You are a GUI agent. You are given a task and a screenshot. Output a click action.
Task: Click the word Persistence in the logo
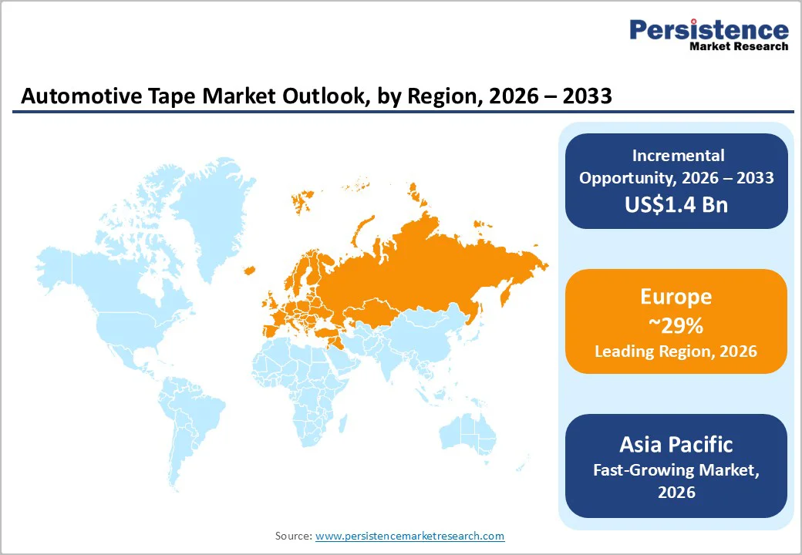coord(709,30)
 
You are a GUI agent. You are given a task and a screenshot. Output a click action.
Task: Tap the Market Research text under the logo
coord(739,46)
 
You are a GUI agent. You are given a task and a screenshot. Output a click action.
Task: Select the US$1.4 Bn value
coord(676,204)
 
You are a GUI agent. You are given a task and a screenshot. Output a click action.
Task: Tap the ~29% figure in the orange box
coord(676,325)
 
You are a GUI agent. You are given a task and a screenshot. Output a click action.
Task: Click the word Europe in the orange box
coord(676,297)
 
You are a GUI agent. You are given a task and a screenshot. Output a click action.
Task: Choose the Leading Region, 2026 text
coord(676,351)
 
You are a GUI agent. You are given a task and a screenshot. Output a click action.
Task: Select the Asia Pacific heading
coord(676,444)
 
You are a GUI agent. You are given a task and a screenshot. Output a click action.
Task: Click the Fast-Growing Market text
coord(676,469)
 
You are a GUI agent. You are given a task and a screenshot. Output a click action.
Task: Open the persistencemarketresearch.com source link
coord(409,536)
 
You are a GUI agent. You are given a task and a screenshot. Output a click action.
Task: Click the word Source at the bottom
coord(293,536)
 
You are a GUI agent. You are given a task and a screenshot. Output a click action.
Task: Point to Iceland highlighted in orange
coord(249,270)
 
